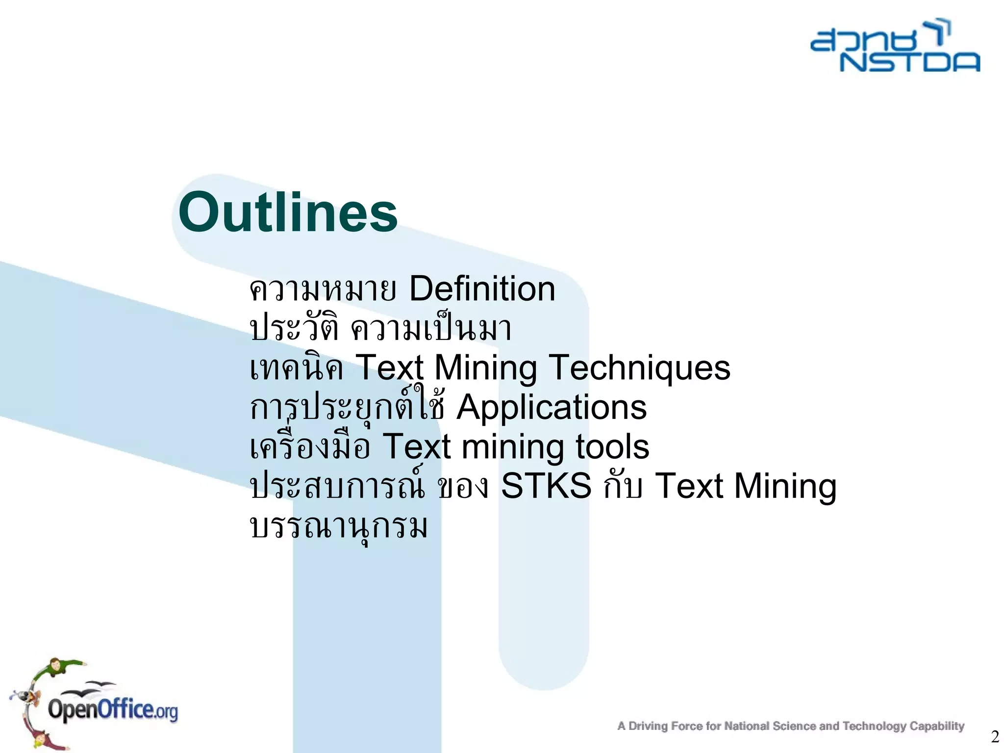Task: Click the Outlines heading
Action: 288,212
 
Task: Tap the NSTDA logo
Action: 895,47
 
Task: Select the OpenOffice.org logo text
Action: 113,710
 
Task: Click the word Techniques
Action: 639,367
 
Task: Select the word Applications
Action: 552,407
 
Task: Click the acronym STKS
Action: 546,486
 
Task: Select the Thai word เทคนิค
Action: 297,368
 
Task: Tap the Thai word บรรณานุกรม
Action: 339,527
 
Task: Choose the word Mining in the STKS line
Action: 785,487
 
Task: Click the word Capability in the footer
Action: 937,726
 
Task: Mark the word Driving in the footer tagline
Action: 648,726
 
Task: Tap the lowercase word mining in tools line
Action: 513,447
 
